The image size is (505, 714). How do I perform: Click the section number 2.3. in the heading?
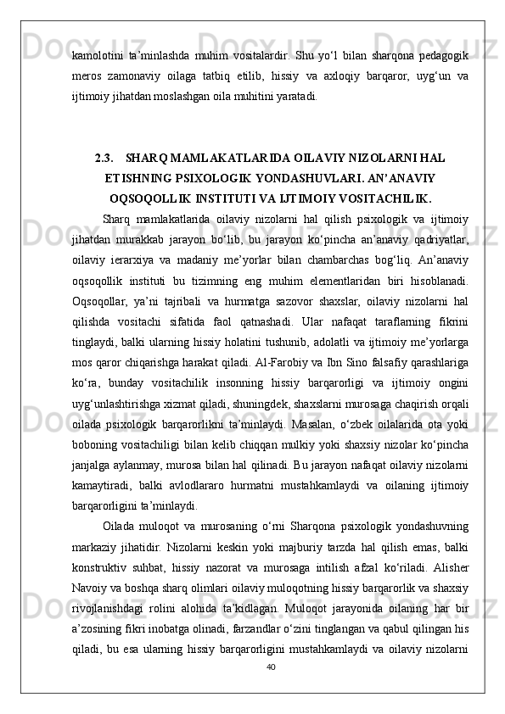tap(106, 158)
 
